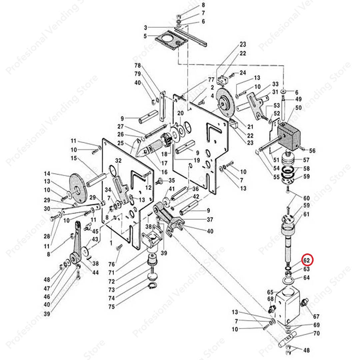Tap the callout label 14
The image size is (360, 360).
pyautogui.click(x=47, y=174)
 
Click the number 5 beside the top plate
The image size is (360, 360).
pyautogui.click(x=145, y=36)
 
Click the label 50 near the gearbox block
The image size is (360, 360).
pyautogui.click(x=298, y=108)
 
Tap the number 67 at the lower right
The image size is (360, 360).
pyautogui.click(x=316, y=316)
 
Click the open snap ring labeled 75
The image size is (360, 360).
pyautogui.click(x=152, y=286)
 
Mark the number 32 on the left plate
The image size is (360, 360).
pyautogui.click(x=118, y=161)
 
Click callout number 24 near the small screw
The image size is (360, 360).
pyautogui.click(x=242, y=72)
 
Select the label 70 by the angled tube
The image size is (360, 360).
pyautogui.click(x=316, y=333)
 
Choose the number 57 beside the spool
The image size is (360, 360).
pyautogui.click(x=306, y=160)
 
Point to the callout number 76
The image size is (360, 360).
pyautogui.click(x=111, y=264)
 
